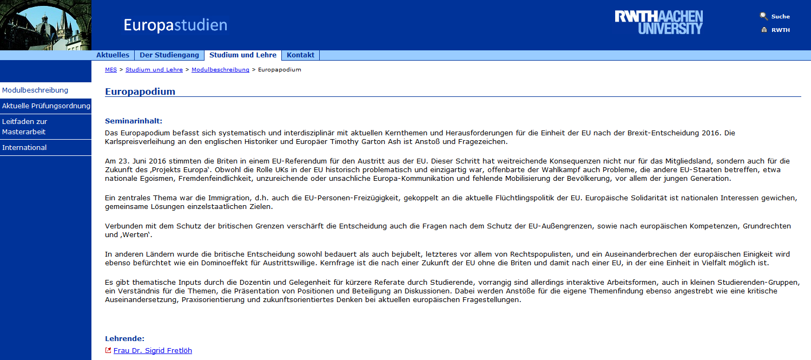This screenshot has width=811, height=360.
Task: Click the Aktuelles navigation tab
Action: coord(113,55)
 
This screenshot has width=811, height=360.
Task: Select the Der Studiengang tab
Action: coord(169,55)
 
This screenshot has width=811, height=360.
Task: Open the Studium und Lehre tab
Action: coord(243,55)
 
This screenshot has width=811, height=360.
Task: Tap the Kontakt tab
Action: coord(300,55)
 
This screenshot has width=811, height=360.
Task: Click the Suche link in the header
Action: coord(780,16)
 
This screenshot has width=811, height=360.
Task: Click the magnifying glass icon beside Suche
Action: coord(763,16)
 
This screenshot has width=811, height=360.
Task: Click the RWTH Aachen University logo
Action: coord(658,22)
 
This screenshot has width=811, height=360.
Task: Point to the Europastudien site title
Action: coord(175,25)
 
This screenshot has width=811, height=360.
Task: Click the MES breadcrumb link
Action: coord(110,70)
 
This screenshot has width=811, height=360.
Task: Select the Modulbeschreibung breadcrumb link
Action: coord(220,70)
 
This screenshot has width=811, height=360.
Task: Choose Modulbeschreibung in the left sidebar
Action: coord(35,90)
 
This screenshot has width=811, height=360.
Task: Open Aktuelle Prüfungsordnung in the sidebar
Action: coord(46,106)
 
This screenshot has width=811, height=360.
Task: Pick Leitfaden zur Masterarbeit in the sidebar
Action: coord(24,127)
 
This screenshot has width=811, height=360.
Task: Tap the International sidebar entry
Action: coord(24,148)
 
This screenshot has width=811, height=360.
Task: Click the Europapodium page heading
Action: coord(140,91)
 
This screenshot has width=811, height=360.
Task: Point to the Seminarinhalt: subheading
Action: coord(134,121)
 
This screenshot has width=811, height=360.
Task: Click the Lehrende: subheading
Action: coord(124,338)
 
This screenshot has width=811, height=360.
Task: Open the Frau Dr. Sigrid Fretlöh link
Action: coord(153,350)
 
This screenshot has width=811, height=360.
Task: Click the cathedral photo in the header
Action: coord(45,25)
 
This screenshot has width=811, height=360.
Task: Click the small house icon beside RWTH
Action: coord(764,30)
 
